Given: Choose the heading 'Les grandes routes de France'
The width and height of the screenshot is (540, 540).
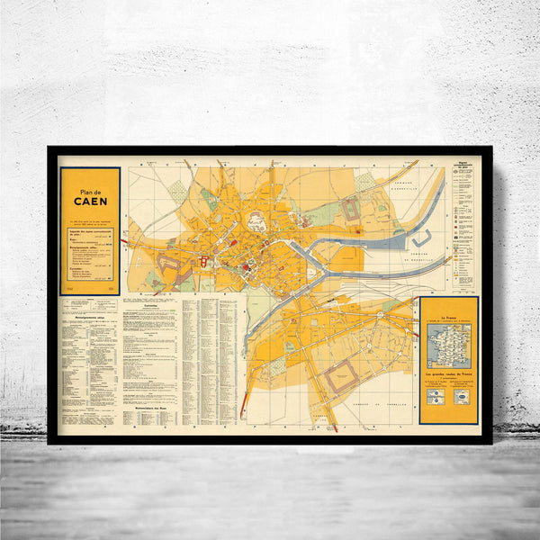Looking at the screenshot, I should point(448,372).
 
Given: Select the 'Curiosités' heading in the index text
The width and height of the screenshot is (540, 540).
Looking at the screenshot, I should point(143,304).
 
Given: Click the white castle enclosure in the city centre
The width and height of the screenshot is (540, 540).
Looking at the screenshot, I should point(256,221).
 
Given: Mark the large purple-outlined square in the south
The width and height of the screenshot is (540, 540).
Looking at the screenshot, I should point(339,375).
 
